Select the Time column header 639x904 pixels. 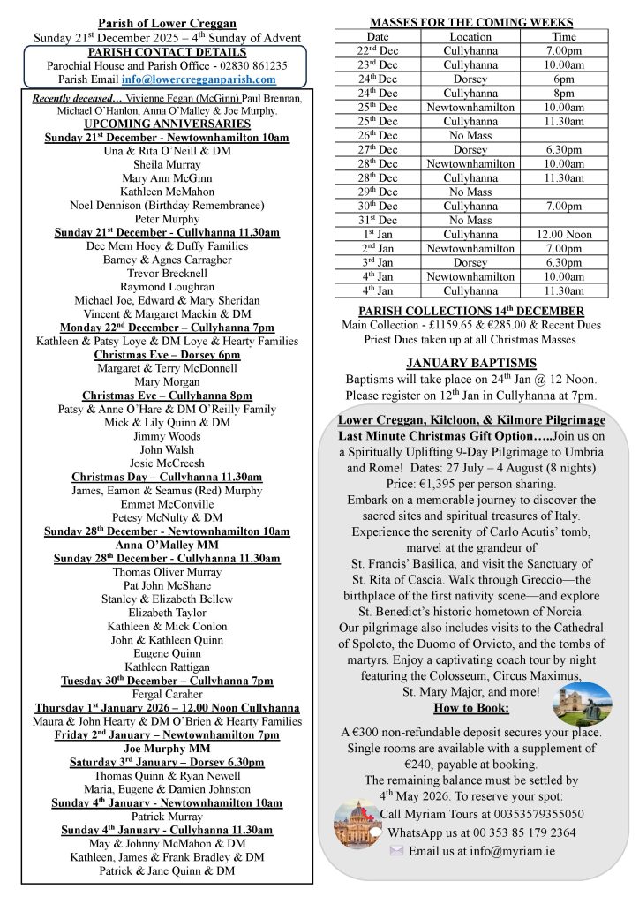(x=563, y=37)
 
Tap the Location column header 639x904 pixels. (x=470, y=37)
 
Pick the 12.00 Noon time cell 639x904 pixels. (x=563, y=235)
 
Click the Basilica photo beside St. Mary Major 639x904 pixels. (x=582, y=704)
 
